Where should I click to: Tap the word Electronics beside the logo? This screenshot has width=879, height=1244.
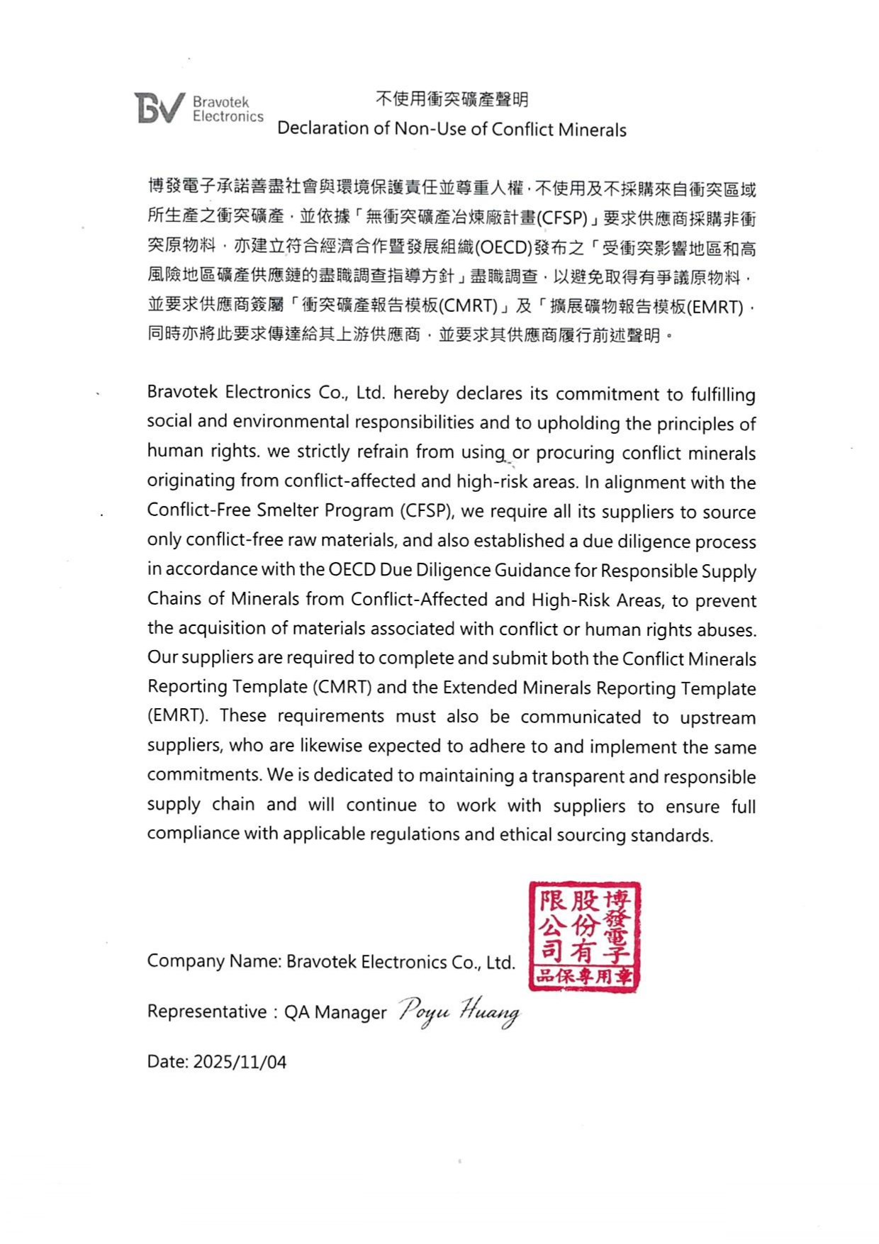228,117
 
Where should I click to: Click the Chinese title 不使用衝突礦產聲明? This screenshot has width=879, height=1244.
452,99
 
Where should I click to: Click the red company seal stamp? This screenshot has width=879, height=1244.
585,936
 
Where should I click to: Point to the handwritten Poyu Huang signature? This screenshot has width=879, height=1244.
459,1010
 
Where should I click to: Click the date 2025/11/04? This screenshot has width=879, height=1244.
240,1062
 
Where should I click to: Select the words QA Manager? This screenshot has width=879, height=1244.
335,1012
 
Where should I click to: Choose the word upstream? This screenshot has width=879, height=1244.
717,717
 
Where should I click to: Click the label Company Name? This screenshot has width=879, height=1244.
215,962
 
